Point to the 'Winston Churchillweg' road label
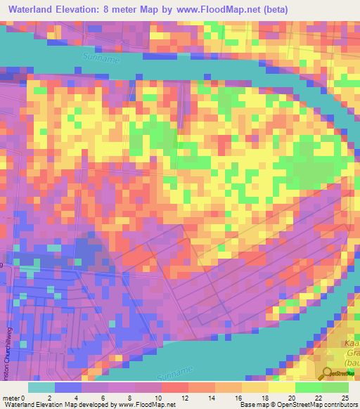pyautogui.click(x=6, y=337)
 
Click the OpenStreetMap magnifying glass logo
pyautogui.click(x=329, y=374)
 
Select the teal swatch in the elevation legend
pyautogui.click(x=41, y=387)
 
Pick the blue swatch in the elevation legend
pyautogui.click(x=68, y=387)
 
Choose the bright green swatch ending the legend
pyautogui.click(x=335, y=387)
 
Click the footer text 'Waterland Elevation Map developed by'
pyautogui.click(x=59, y=404)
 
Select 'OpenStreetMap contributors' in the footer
pyautogui.click(x=313, y=404)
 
